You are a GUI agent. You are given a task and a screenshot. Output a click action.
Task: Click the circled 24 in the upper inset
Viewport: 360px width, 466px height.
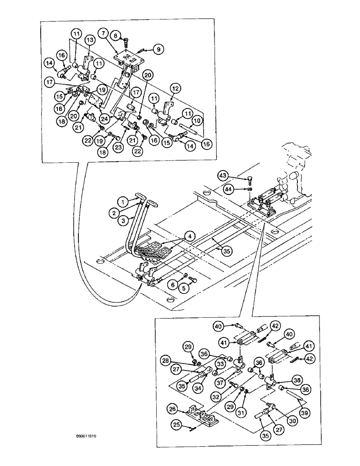104,118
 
